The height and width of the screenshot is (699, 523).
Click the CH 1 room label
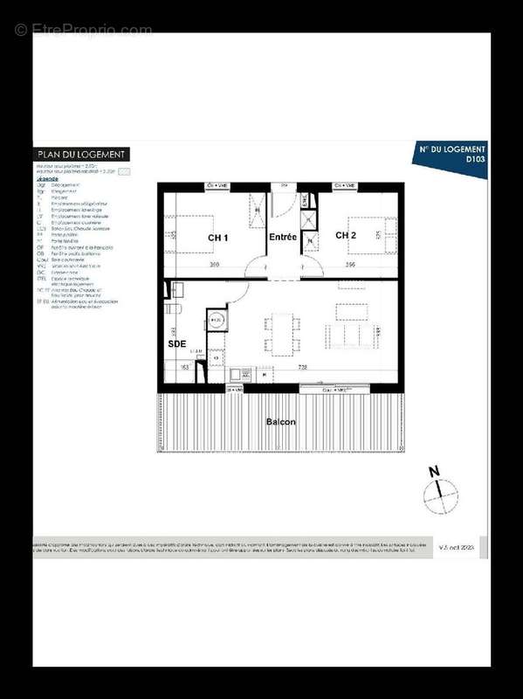217,238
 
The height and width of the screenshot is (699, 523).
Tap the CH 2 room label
347,235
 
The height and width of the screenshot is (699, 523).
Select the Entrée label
282,238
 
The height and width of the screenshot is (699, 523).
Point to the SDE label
177,344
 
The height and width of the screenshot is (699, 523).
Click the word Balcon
280,422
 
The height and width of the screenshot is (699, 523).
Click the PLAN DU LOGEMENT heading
82,155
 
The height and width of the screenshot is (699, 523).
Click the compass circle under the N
440,498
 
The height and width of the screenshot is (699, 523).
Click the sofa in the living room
353,336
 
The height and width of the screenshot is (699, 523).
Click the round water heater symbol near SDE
217,321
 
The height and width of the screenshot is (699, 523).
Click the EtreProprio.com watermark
84,31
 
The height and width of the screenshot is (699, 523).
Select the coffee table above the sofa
352,310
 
